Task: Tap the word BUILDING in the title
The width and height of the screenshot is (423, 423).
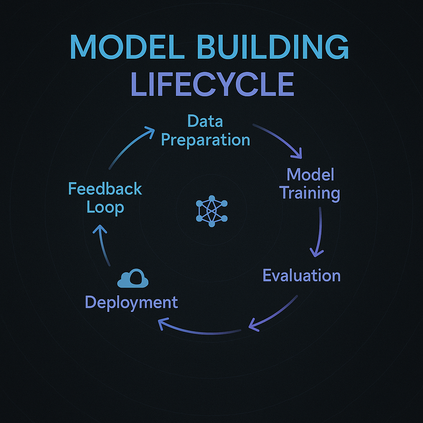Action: (x=277, y=47)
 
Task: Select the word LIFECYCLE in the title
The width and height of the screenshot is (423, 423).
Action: (x=212, y=84)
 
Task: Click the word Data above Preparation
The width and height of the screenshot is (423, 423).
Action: (x=205, y=121)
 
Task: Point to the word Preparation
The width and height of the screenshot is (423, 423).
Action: (x=205, y=140)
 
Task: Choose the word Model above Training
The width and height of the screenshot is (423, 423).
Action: (x=310, y=174)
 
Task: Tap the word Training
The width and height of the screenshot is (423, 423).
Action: (x=310, y=193)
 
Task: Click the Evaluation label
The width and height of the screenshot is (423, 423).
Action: (x=302, y=276)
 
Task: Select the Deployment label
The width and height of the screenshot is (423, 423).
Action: (x=131, y=302)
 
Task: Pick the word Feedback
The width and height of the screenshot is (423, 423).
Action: (x=105, y=189)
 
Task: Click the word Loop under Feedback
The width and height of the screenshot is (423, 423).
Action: (x=105, y=207)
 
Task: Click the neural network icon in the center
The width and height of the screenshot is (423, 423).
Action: (x=211, y=211)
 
